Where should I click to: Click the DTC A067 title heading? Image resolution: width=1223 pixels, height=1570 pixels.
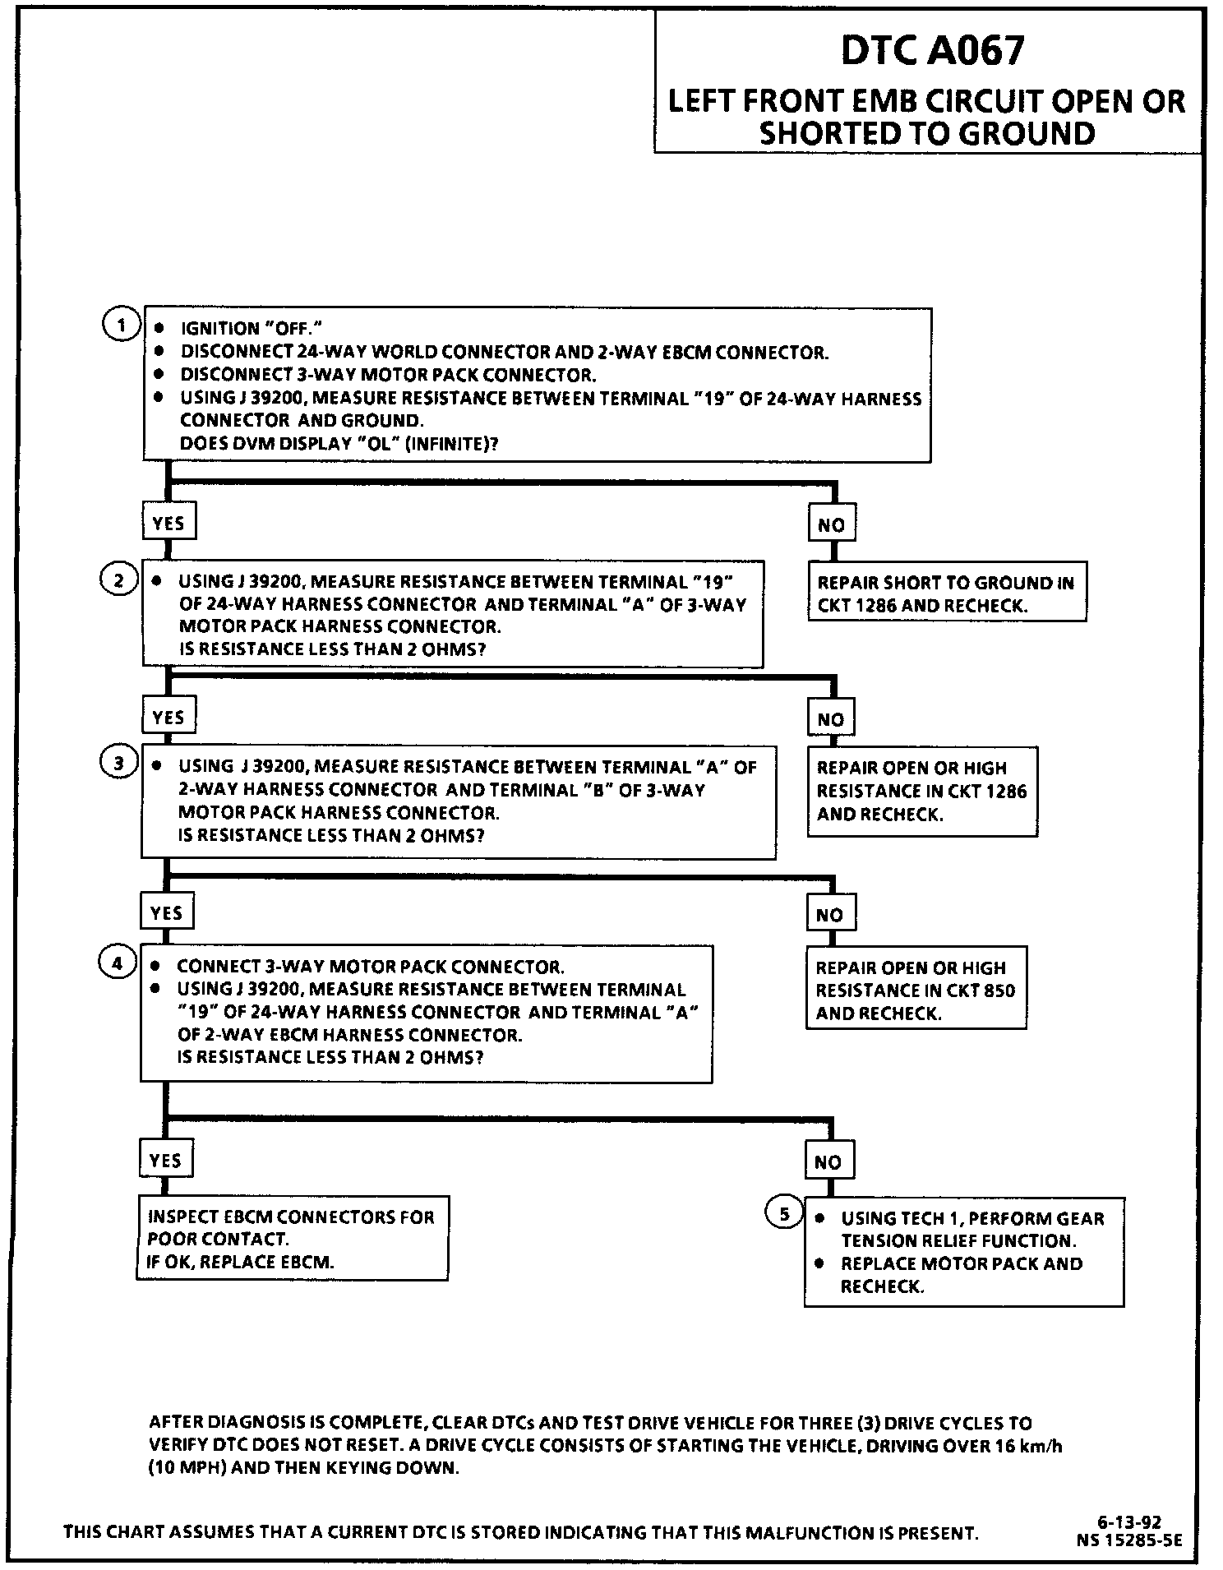[x=932, y=51]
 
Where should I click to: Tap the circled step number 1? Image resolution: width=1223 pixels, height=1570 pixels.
[x=121, y=325]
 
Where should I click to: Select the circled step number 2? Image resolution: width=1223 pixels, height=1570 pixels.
[x=118, y=580]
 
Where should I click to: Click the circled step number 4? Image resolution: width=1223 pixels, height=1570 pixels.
[x=117, y=963]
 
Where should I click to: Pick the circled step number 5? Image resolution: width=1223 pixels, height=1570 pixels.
[x=783, y=1213]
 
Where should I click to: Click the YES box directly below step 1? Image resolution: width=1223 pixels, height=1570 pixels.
[x=168, y=524]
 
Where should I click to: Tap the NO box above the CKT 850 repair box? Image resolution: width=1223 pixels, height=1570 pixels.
[x=829, y=915]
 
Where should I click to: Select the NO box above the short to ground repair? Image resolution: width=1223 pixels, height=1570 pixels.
[x=831, y=524]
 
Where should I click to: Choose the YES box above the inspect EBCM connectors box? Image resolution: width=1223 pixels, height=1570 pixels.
[x=165, y=1160]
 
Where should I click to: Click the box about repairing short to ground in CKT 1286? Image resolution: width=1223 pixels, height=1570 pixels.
[x=946, y=593]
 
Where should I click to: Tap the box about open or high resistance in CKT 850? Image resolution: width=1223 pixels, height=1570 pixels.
[x=916, y=990]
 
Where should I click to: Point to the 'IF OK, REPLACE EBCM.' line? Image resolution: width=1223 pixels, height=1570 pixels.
[x=241, y=1263]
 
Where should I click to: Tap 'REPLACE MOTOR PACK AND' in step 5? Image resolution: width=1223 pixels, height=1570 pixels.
[x=961, y=1263]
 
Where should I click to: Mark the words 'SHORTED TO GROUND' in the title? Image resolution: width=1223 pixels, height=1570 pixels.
[x=927, y=133]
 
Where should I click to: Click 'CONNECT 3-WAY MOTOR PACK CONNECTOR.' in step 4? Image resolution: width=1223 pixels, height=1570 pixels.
[x=371, y=967]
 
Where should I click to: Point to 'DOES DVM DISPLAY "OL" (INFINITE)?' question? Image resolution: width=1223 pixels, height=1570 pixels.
[x=339, y=444]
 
